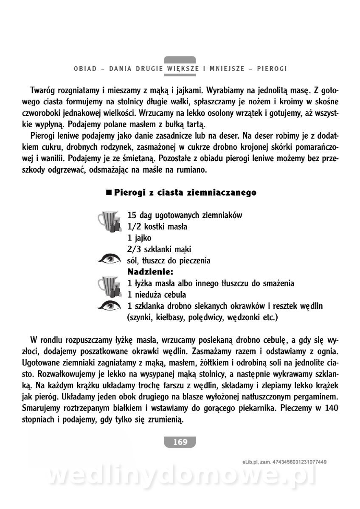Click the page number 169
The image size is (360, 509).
tap(180, 442)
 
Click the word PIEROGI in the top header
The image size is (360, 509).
tap(273, 68)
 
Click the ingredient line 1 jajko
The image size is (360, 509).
tap(139, 238)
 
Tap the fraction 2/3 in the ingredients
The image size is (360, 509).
tap(134, 249)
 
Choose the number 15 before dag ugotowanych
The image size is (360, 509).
tap(132, 215)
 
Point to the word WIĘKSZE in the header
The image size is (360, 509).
tap(180, 68)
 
